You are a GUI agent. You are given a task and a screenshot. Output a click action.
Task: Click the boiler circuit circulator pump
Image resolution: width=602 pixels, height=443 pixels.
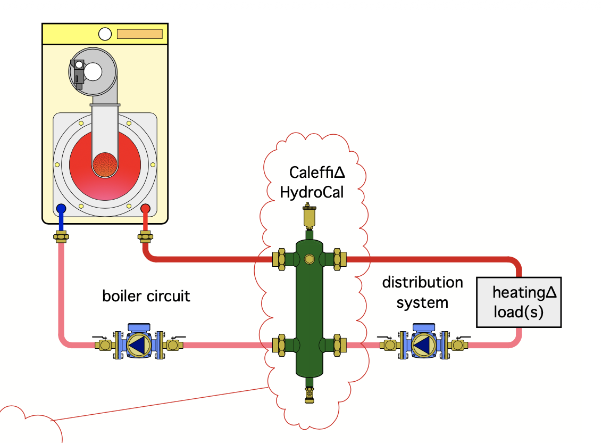(x=139, y=342)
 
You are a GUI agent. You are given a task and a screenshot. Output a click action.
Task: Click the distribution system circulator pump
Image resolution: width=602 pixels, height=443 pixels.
(x=424, y=342)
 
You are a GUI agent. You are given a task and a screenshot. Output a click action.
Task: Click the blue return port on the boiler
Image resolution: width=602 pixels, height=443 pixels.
(x=61, y=209)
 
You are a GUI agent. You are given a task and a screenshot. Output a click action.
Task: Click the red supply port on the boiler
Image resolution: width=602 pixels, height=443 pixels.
(x=145, y=209)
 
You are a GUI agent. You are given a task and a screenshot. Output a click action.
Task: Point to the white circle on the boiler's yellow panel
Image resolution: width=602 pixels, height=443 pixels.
(x=105, y=34)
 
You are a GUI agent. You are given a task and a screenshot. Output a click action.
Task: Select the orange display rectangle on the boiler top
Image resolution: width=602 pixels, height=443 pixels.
(x=140, y=34)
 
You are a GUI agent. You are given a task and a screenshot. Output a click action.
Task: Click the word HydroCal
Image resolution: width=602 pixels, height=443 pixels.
(x=312, y=192)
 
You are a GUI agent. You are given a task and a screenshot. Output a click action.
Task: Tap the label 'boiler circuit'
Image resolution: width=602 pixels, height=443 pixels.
(x=146, y=296)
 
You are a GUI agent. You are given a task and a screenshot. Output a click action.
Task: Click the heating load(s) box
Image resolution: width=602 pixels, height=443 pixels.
(x=519, y=302)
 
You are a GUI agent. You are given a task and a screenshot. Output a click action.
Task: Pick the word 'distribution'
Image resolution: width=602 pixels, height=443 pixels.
(x=422, y=282)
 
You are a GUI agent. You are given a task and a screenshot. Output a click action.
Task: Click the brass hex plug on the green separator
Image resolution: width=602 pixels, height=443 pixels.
(x=309, y=259)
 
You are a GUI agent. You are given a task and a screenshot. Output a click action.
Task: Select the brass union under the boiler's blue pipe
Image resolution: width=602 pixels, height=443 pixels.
(x=61, y=236)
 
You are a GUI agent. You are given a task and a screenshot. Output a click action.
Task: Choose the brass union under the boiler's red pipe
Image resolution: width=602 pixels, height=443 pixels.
(x=145, y=236)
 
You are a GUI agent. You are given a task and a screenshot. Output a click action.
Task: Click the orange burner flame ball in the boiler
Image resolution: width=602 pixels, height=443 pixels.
(x=105, y=165)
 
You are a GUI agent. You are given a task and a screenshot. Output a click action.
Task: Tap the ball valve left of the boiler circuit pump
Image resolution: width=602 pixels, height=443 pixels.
(x=102, y=343)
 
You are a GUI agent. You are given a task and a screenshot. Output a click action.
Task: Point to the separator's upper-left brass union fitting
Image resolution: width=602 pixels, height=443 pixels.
(x=279, y=259)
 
